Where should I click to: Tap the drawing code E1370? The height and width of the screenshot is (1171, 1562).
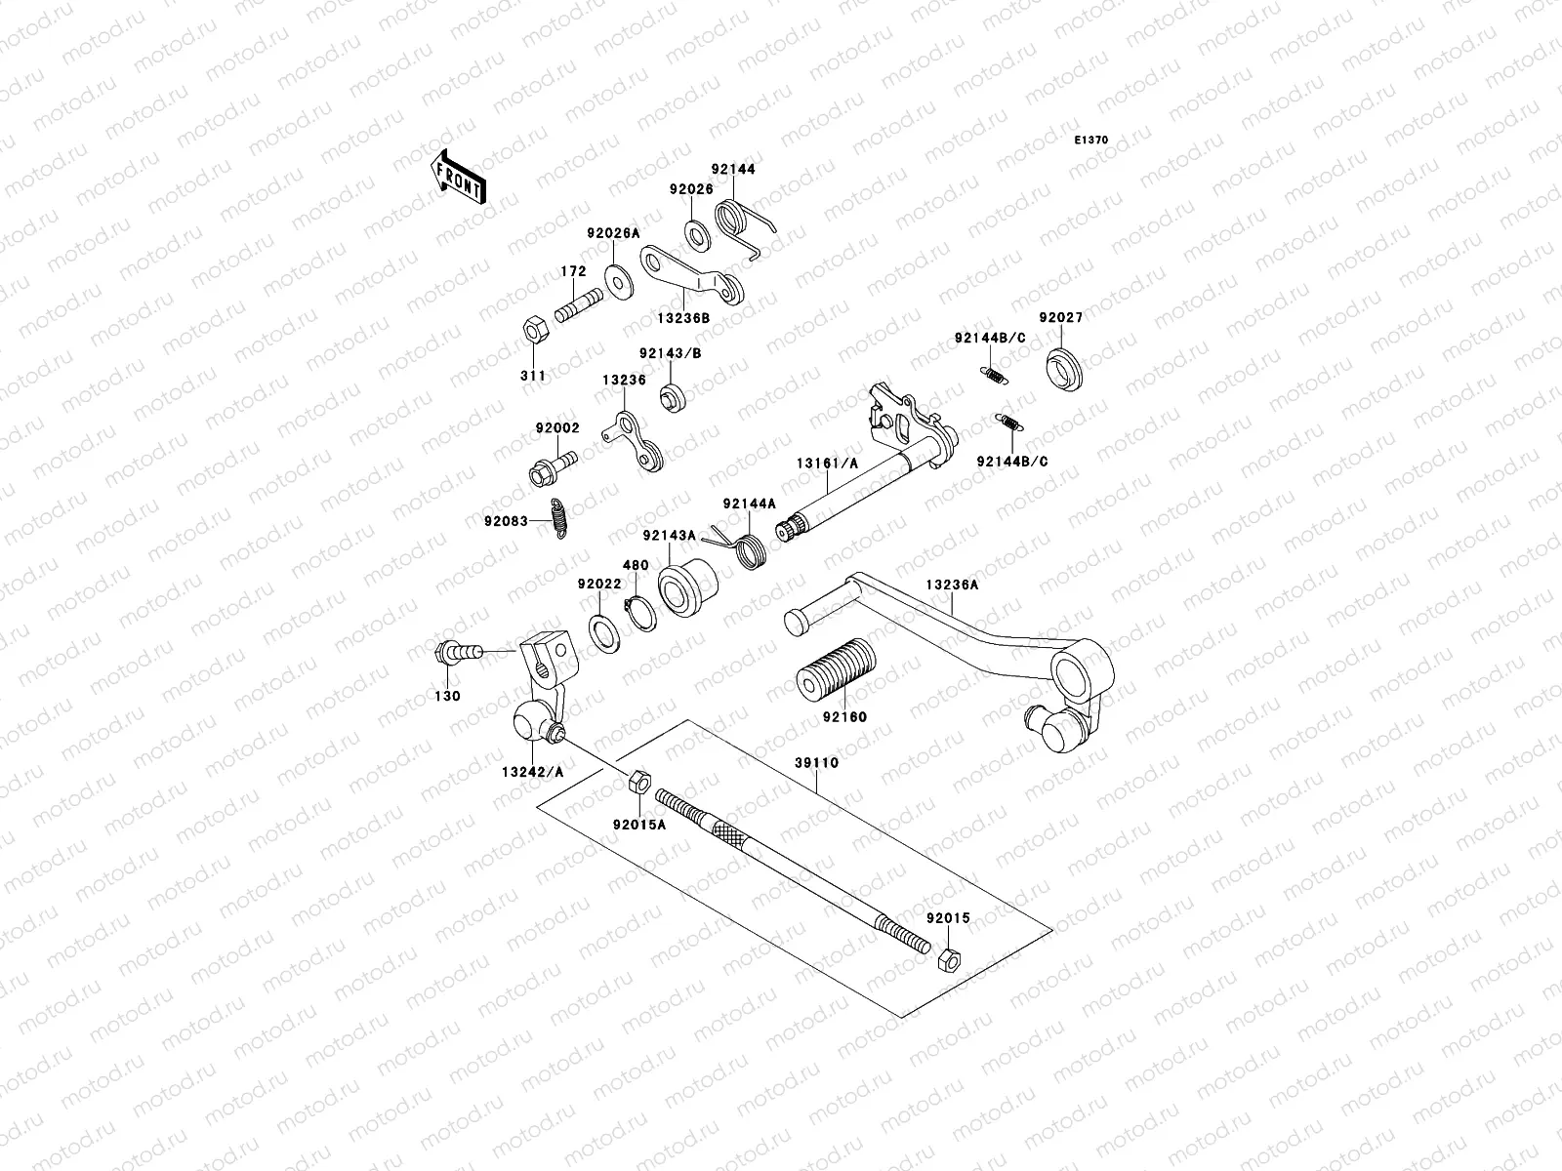pos(1091,141)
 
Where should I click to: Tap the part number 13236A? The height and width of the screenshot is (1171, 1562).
pos(952,585)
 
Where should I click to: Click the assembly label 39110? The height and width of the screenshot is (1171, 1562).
pos(817,762)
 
